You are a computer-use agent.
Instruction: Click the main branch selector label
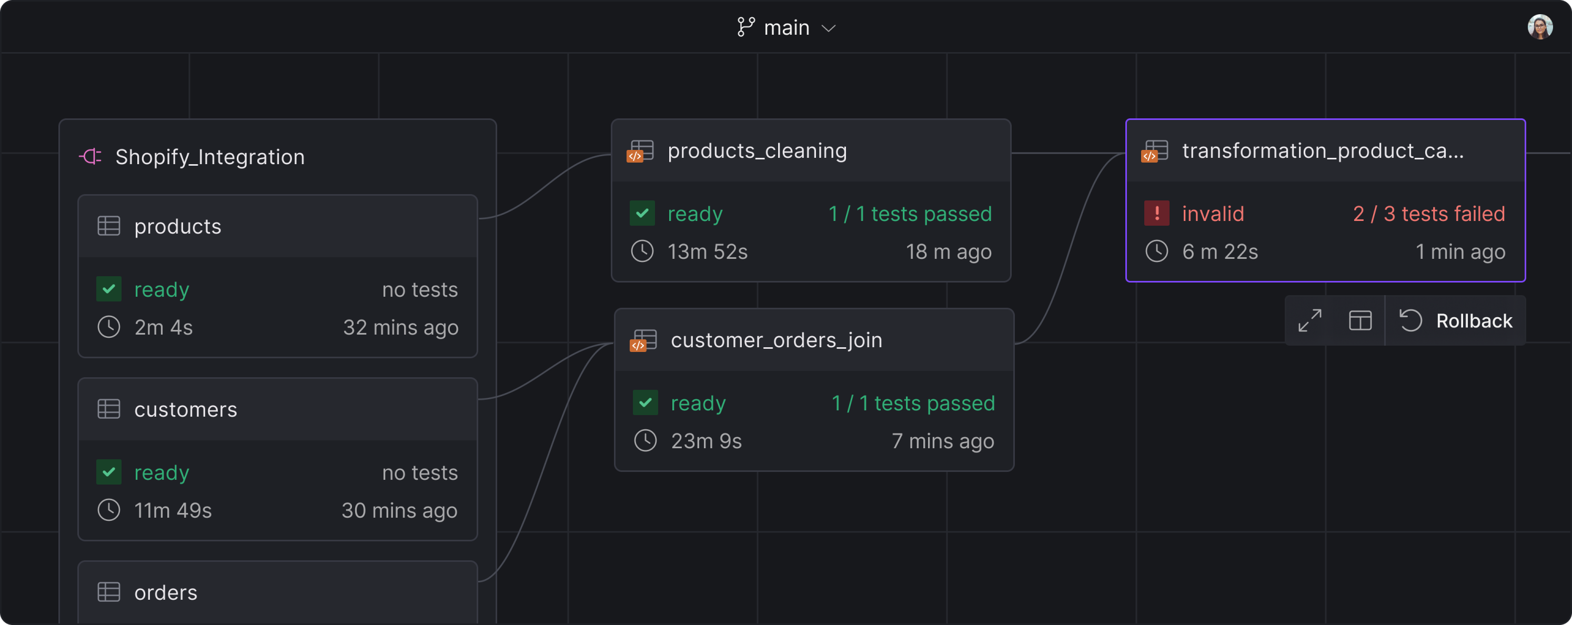[786, 28]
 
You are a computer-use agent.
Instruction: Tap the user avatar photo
[1540, 27]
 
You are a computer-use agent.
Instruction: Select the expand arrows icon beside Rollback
[1309, 321]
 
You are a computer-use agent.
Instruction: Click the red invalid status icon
[1156, 214]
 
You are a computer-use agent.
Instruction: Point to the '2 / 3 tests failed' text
[1428, 214]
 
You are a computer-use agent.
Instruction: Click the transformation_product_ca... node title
[1323, 151]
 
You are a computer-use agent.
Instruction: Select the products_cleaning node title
[757, 151]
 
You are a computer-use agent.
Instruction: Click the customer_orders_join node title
[776, 340]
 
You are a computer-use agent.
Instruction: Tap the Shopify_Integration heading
[210, 157]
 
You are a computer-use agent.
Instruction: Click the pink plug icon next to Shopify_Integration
[90, 157]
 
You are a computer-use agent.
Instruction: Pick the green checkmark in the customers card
[108, 472]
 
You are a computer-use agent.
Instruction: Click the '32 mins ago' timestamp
[400, 328]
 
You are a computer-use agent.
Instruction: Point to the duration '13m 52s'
[707, 252]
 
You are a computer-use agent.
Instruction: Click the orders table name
[165, 593]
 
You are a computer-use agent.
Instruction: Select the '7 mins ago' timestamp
[943, 441]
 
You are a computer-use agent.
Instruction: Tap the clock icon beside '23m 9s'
[645, 441]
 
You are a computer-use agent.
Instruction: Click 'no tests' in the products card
[420, 290]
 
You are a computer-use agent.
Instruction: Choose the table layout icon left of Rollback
[1361, 321]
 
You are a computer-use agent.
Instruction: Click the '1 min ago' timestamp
[1460, 252]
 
